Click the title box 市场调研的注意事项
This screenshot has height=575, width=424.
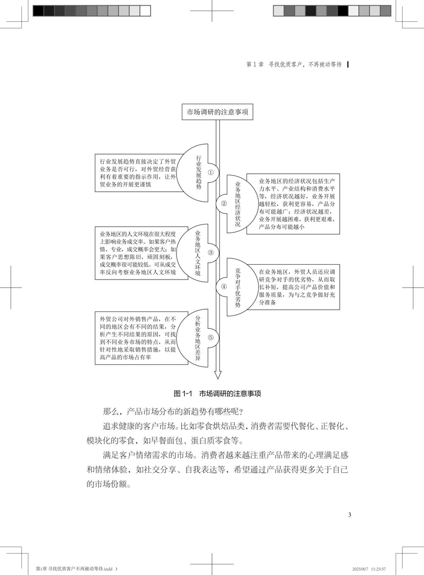pyautogui.click(x=217, y=112)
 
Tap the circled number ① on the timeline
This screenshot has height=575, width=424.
pyautogui.click(x=210, y=172)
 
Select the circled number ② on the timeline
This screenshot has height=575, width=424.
pyautogui.click(x=224, y=203)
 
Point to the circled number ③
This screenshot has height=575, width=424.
pyautogui.click(x=210, y=253)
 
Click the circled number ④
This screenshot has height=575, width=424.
pyautogui.click(x=224, y=286)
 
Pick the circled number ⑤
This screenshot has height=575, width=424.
pyautogui.click(x=210, y=337)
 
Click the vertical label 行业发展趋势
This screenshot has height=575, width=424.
pyautogui.click(x=199, y=172)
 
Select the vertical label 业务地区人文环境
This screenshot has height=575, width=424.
pyautogui.click(x=198, y=253)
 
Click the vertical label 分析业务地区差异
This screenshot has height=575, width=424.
pyautogui.click(x=198, y=337)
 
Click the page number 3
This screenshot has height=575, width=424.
pyautogui.click(x=349, y=514)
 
